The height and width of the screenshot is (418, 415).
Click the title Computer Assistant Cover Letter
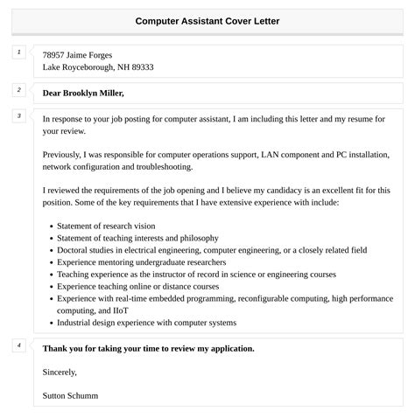(x=207, y=21)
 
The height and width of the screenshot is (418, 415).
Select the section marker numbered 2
(x=18, y=90)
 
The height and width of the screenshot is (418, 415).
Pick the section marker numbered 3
(x=18, y=116)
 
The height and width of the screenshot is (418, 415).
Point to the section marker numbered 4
(x=18, y=345)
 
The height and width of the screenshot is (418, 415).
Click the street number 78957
(x=56, y=54)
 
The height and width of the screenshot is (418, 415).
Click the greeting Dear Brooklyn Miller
(x=83, y=93)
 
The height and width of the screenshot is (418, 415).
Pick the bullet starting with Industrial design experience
(x=146, y=323)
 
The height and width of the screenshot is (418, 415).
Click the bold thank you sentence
(x=148, y=348)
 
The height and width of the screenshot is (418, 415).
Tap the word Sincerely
(x=61, y=372)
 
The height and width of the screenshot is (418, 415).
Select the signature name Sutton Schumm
(x=70, y=395)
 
